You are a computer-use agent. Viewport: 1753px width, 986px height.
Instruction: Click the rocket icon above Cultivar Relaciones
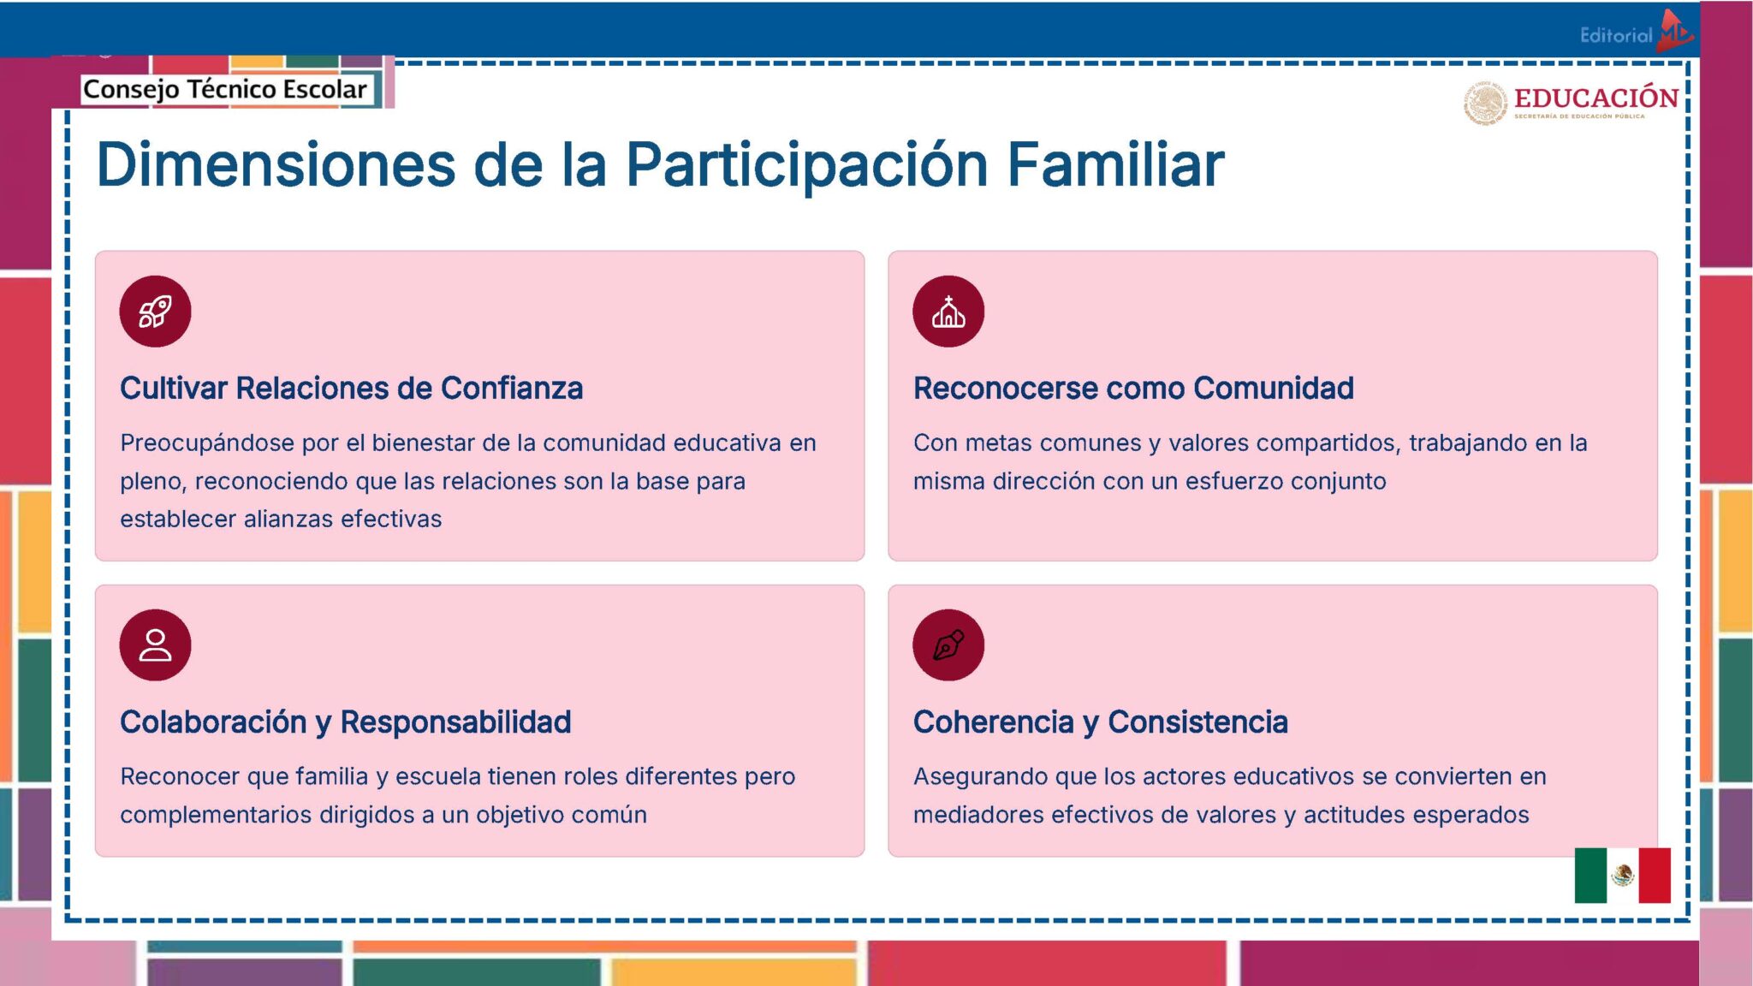coord(155,312)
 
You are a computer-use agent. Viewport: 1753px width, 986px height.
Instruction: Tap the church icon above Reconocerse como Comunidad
coord(948,312)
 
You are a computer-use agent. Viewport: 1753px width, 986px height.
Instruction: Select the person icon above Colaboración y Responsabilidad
coord(155,645)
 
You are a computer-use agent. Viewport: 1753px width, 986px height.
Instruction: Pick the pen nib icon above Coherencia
coord(948,645)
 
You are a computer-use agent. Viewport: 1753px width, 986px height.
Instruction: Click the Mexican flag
coord(1622,875)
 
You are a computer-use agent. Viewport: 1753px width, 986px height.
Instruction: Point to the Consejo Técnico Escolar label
coord(225,89)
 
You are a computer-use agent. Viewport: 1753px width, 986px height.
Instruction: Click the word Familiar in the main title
coord(1114,164)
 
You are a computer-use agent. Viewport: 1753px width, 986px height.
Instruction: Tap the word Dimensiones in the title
coord(276,164)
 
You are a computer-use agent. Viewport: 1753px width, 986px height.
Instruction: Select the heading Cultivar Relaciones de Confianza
coord(351,389)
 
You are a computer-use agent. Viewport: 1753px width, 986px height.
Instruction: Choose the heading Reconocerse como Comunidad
coord(1133,389)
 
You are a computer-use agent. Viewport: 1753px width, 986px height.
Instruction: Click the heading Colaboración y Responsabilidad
coord(345,722)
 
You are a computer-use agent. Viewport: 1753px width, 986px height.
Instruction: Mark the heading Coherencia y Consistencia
coord(1100,722)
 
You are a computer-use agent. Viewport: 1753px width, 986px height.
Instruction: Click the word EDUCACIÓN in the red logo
coord(1596,98)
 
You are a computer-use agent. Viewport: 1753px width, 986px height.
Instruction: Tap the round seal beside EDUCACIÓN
coord(1485,104)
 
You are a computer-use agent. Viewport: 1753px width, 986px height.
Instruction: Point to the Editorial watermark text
coord(1616,35)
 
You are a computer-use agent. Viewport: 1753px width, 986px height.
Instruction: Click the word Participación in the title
coord(807,164)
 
